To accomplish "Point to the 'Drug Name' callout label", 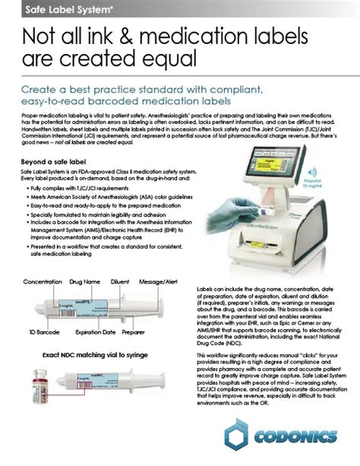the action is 85,281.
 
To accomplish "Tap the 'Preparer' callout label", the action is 133,332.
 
